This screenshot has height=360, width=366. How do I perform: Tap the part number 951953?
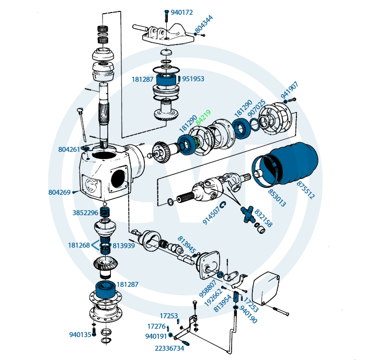(193, 79)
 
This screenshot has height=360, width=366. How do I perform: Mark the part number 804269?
(59, 193)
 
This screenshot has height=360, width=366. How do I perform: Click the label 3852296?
(85, 213)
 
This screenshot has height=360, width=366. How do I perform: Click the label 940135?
(80, 334)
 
